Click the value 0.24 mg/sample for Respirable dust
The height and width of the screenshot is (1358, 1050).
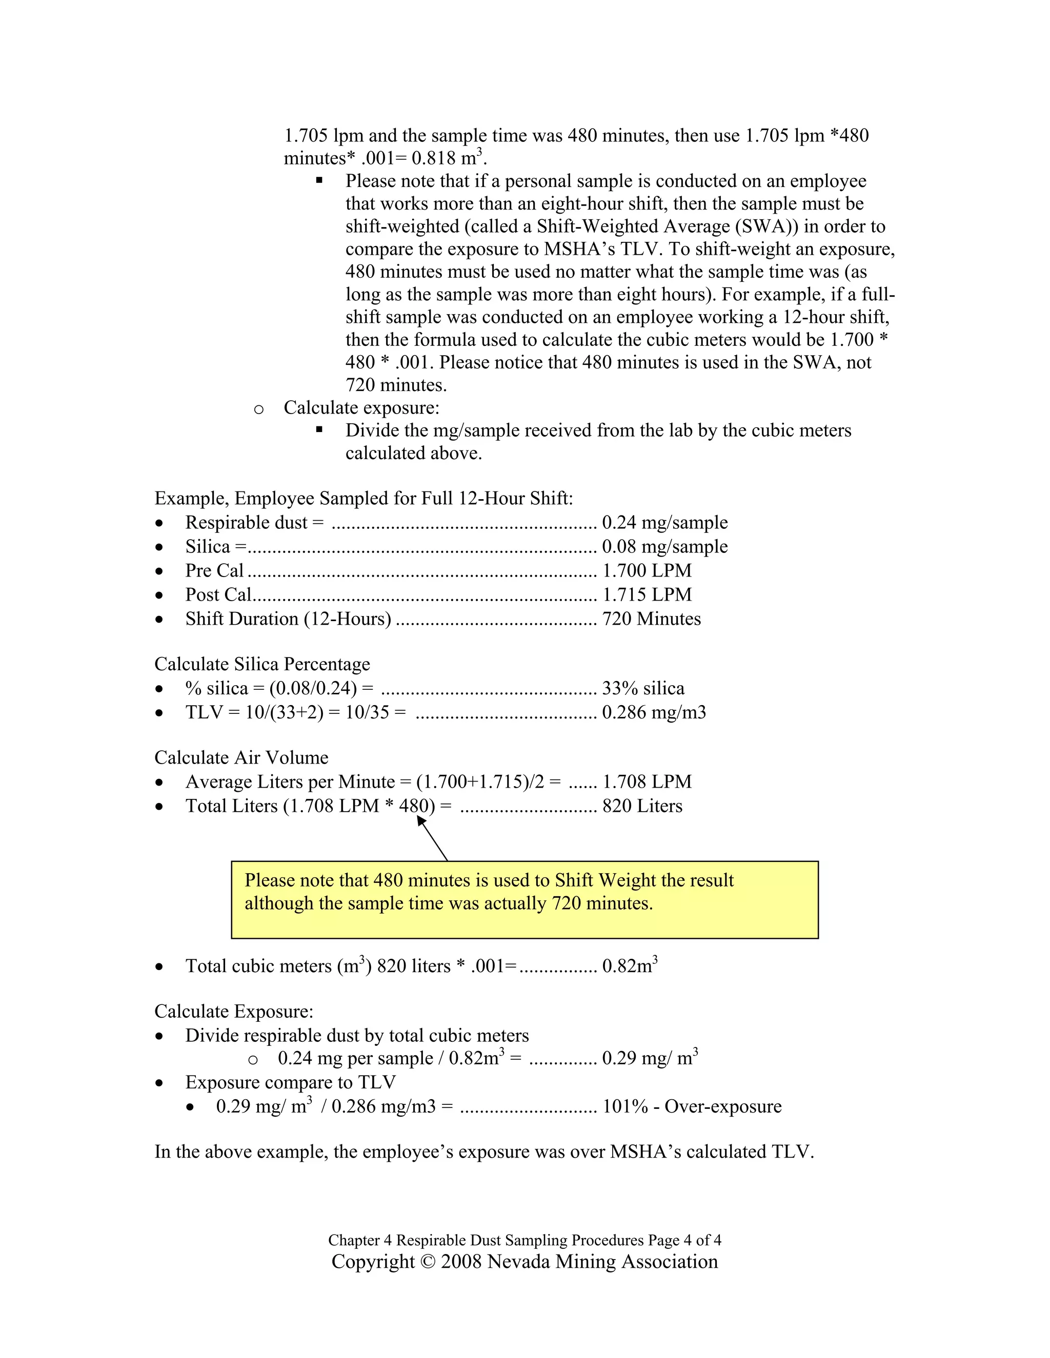(x=664, y=522)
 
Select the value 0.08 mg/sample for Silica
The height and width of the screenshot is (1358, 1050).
(x=664, y=547)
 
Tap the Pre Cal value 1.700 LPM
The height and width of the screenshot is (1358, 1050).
(x=647, y=571)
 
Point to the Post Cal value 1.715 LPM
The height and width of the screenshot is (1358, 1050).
(x=647, y=595)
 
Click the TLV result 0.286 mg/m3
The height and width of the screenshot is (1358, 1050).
(x=654, y=713)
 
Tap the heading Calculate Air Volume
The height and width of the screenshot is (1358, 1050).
(x=241, y=758)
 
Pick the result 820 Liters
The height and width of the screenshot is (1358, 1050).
(x=642, y=807)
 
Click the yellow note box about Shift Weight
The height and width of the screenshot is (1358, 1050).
(x=524, y=899)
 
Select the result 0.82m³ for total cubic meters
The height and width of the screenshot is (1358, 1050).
(x=629, y=965)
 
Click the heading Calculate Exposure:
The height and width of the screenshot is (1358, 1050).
(x=234, y=1012)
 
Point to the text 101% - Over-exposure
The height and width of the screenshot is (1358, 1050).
(x=692, y=1107)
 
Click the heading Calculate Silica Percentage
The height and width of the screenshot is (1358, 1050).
(x=262, y=665)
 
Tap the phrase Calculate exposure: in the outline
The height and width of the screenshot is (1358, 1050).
(x=361, y=408)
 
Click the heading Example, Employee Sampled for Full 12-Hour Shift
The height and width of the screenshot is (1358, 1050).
(x=364, y=499)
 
